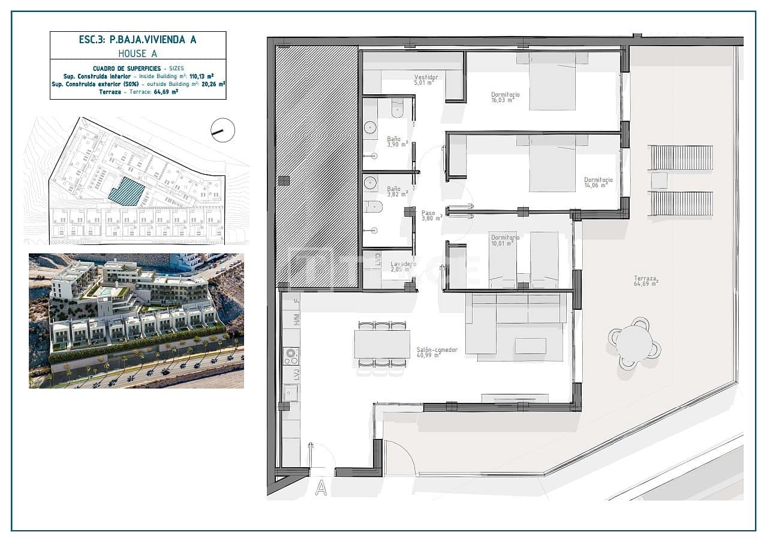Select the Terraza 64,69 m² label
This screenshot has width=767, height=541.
(x=646, y=280)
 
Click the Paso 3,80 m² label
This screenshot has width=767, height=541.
(x=428, y=215)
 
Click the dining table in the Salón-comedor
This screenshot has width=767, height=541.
(x=382, y=345)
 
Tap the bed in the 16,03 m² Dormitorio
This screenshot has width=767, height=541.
(x=552, y=82)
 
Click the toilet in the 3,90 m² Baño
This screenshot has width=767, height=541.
(x=398, y=109)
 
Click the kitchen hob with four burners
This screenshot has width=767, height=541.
(x=291, y=356)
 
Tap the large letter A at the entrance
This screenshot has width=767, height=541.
(x=321, y=488)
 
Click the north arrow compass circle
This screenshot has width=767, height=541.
(x=223, y=130)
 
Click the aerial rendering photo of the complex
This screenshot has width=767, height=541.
(x=136, y=321)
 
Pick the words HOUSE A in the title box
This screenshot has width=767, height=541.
(x=137, y=53)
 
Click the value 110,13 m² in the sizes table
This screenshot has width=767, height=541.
(x=202, y=77)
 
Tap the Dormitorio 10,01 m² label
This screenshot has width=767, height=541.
(x=504, y=241)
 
